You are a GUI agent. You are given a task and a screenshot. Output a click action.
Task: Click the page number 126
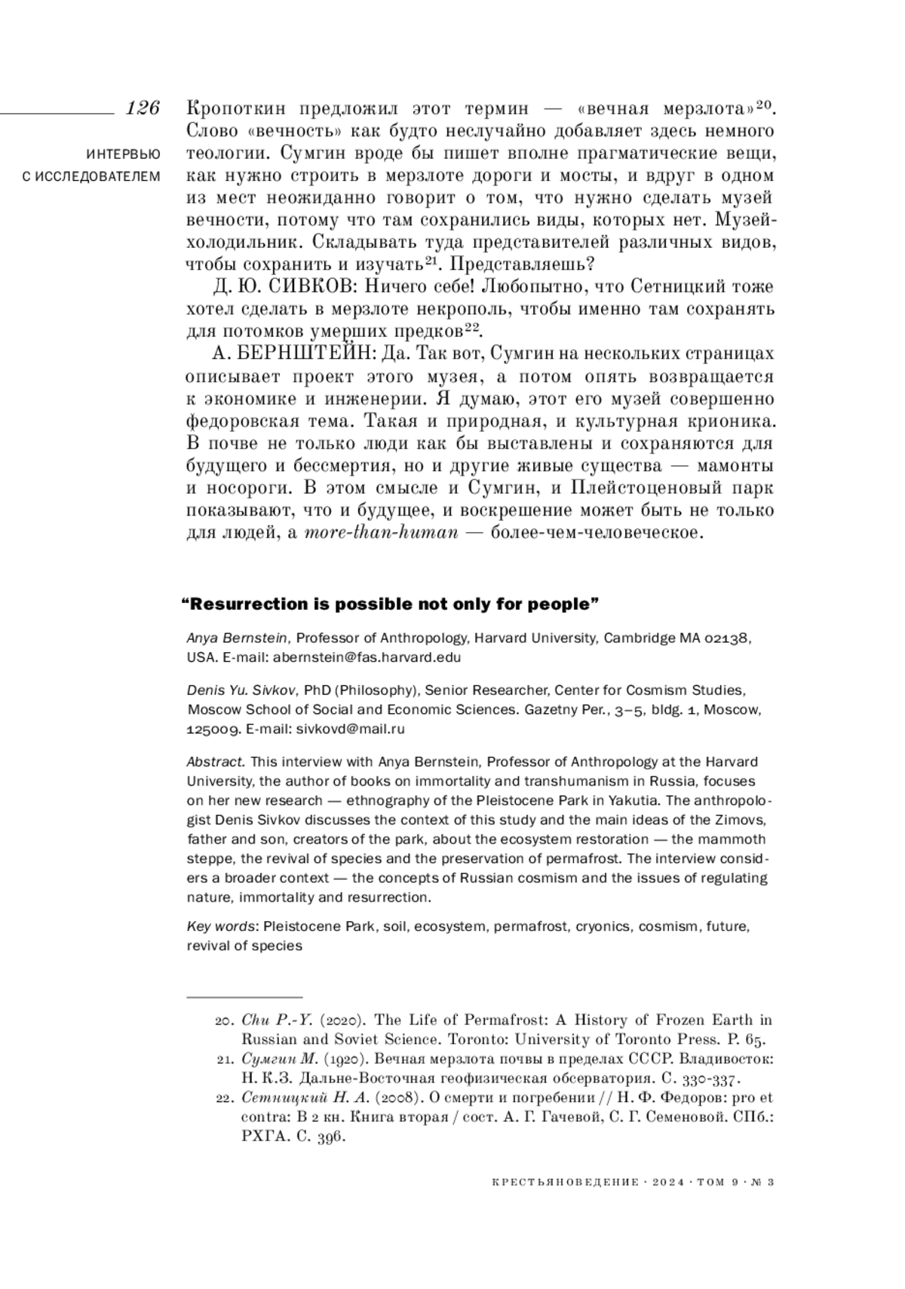point(143,108)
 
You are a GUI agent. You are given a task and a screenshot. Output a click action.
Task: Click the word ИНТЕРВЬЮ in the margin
point(124,155)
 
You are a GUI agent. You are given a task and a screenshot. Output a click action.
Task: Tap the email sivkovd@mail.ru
point(351,729)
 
